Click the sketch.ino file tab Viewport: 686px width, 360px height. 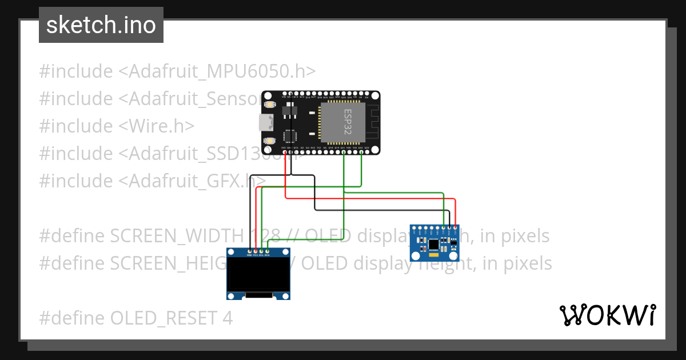[101, 25]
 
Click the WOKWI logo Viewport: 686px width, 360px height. [607, 315]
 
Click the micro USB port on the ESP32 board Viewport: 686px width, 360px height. [265, 122]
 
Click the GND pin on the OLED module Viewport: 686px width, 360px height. [250, 251]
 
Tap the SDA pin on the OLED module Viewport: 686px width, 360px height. [267, 251]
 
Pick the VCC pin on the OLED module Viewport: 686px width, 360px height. [256, 251]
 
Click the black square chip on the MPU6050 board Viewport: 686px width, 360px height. [434, 245]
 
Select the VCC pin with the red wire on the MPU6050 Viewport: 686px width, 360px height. [456, 228]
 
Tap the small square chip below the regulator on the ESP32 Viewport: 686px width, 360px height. [290, 136]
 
